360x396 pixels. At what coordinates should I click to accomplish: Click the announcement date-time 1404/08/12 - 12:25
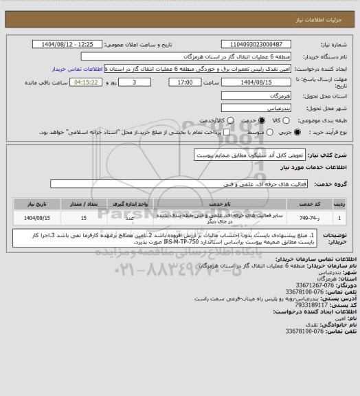click(x=69, y=43)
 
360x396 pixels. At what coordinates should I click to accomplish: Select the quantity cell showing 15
click(x=83, y=217)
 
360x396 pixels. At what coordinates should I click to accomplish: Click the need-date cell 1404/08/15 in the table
click(x=38, y=217)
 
